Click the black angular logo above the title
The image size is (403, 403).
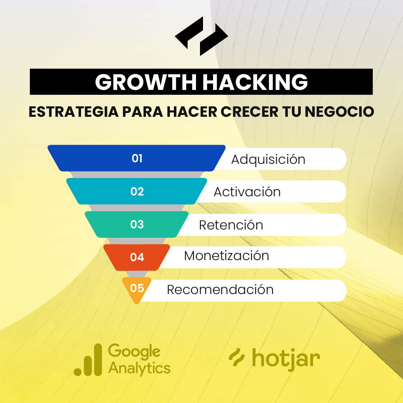(201, 36)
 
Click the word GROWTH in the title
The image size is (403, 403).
(146, 82)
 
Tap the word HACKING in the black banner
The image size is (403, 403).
(255, 82)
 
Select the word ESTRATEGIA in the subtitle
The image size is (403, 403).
(74, 112)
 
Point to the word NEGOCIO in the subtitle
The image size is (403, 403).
(339, 112)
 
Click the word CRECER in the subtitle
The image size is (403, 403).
(249, 112)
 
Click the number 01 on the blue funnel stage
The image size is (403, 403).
(137, 158)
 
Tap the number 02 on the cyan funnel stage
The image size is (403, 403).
(137, 191)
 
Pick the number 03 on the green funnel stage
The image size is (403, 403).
(137, 224)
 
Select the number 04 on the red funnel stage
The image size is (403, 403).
(137, 257)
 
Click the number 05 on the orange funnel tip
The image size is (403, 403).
(137, 288)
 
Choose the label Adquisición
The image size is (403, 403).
(268, 160)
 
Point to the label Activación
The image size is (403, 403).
(247, 192)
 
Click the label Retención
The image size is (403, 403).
(231, 225)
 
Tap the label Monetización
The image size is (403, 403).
(227, 256)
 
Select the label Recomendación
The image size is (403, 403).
(220, 290)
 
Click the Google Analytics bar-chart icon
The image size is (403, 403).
(88, 360)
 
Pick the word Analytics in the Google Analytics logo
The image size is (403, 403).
(139, 368)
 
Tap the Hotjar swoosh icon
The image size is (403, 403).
(237, 357)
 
